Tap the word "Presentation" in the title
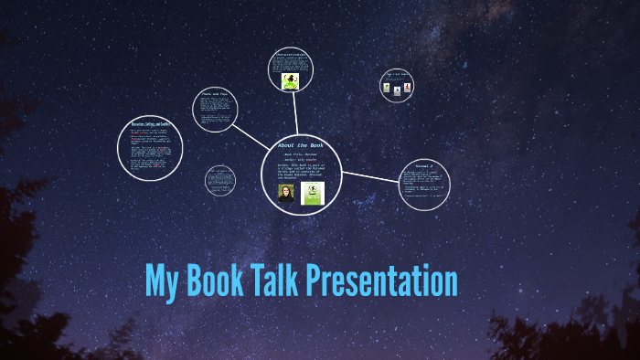(382, 281)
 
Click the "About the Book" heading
(300, 145)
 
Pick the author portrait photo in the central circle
(286, 194)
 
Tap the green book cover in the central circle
(314, 193)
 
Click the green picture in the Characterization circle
(290, 80)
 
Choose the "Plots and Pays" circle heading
(216, 95)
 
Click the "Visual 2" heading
(426, 166)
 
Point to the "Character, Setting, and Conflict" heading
(150, 122)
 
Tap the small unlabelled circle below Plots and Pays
(220, 180)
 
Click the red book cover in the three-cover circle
(408, 89)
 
